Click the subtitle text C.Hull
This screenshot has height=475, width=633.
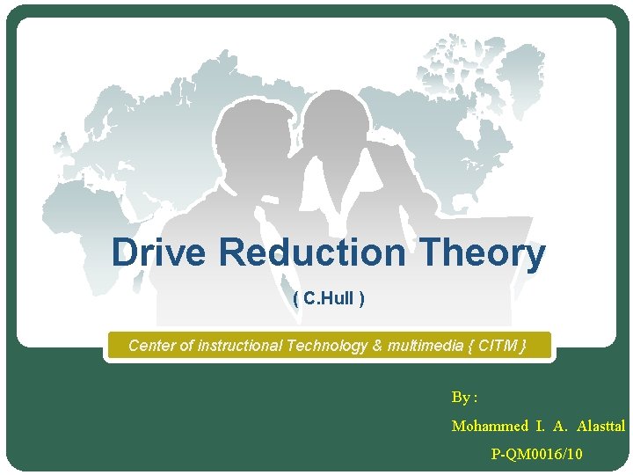coord(329,299)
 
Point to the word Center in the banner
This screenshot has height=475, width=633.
coord(152,346)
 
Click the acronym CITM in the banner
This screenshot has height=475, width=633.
coord(498,346)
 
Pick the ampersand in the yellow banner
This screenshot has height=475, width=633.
coord(378,346)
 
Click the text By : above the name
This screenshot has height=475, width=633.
coord(464,397)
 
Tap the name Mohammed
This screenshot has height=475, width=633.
coord(488,426)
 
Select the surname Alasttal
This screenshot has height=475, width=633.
coord(601,426)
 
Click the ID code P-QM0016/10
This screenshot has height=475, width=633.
coord(536,454)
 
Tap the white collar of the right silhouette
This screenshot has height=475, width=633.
coord(352,189)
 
